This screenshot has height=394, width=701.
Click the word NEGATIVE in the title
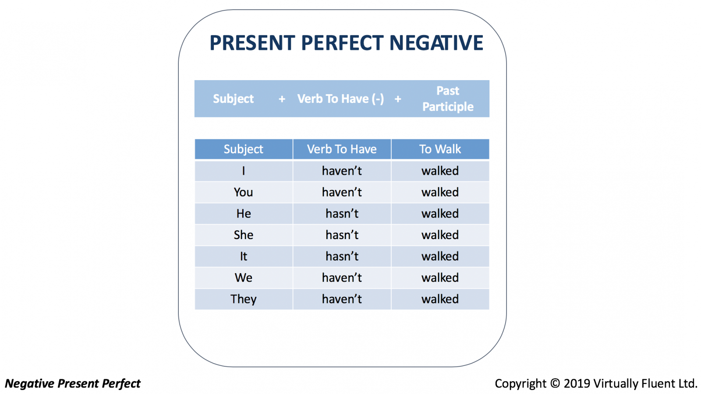click(436, 42)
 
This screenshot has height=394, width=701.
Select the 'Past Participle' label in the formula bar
click(448, 98)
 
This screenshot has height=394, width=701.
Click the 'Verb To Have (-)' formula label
click(340, 99)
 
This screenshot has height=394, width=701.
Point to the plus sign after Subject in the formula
click(282, 99)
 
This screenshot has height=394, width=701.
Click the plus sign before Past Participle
click(398, 99)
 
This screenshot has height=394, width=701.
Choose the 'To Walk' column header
click(440, 149)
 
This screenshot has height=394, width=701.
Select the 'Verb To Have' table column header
click(342, 149)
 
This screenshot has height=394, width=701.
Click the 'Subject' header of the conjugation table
click(244, 149)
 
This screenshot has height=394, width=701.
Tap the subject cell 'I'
click(244, 171)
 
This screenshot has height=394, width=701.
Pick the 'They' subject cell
click(244, 299)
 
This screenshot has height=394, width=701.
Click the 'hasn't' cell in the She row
click(342, 235)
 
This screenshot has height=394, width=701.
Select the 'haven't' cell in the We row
click(342, 278)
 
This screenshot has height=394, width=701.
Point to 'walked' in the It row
click(440, 257)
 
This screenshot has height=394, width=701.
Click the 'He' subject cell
click(244, 214)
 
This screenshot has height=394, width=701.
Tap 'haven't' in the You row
click(342, 192)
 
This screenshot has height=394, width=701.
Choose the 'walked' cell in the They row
click(440, 299)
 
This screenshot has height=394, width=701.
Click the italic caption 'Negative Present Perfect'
click(73, 383)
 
